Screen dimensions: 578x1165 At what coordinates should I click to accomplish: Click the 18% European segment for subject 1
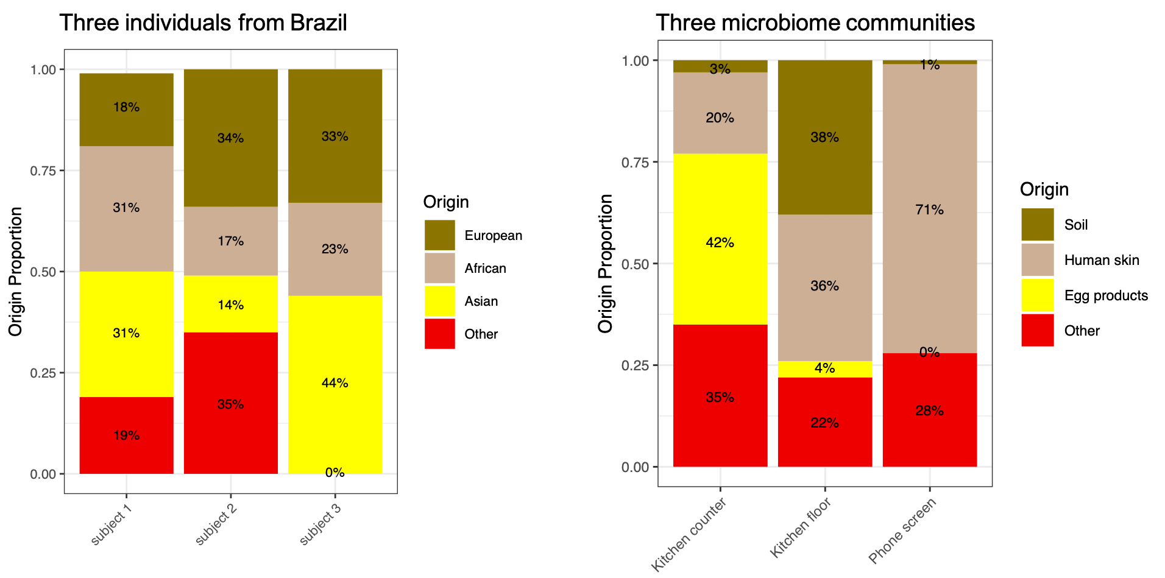coord(126,110)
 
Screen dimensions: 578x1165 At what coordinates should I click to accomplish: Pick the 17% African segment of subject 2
coord(230,241)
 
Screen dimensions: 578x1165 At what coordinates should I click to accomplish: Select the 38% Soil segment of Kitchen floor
coord(824,138)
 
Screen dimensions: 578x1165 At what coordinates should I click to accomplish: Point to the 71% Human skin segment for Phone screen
coord(929,209)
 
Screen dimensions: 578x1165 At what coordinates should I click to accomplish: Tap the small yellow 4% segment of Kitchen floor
coord(824,369)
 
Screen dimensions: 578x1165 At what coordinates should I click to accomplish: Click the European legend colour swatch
coord(439,235)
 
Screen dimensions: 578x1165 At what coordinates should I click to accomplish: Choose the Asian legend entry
coord(481,301)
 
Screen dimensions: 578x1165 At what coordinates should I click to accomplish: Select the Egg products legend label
coord(1105,296)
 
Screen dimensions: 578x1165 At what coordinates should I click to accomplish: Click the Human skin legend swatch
coord(1037,260)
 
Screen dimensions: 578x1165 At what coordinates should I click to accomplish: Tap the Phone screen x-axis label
coord(902,531)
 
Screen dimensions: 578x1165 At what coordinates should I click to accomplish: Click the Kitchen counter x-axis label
coord(689,535)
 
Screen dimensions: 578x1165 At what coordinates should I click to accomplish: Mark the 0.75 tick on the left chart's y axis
coord(43,171)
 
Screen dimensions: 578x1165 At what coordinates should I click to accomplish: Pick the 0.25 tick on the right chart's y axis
coord(635,365)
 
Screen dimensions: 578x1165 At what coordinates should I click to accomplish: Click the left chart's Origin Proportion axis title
coord(15,272)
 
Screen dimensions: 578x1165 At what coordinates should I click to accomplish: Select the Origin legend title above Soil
coord(1044,189)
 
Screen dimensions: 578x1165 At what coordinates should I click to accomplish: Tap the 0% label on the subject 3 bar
coord(335,473)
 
